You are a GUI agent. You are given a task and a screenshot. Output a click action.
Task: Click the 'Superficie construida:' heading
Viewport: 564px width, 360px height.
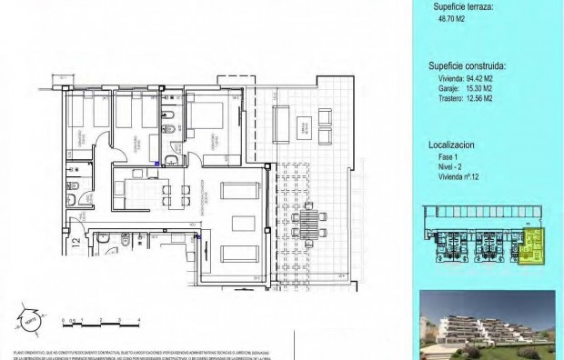(467, 66)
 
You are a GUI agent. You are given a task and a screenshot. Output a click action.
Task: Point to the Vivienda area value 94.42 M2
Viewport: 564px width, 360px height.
(465, 80)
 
